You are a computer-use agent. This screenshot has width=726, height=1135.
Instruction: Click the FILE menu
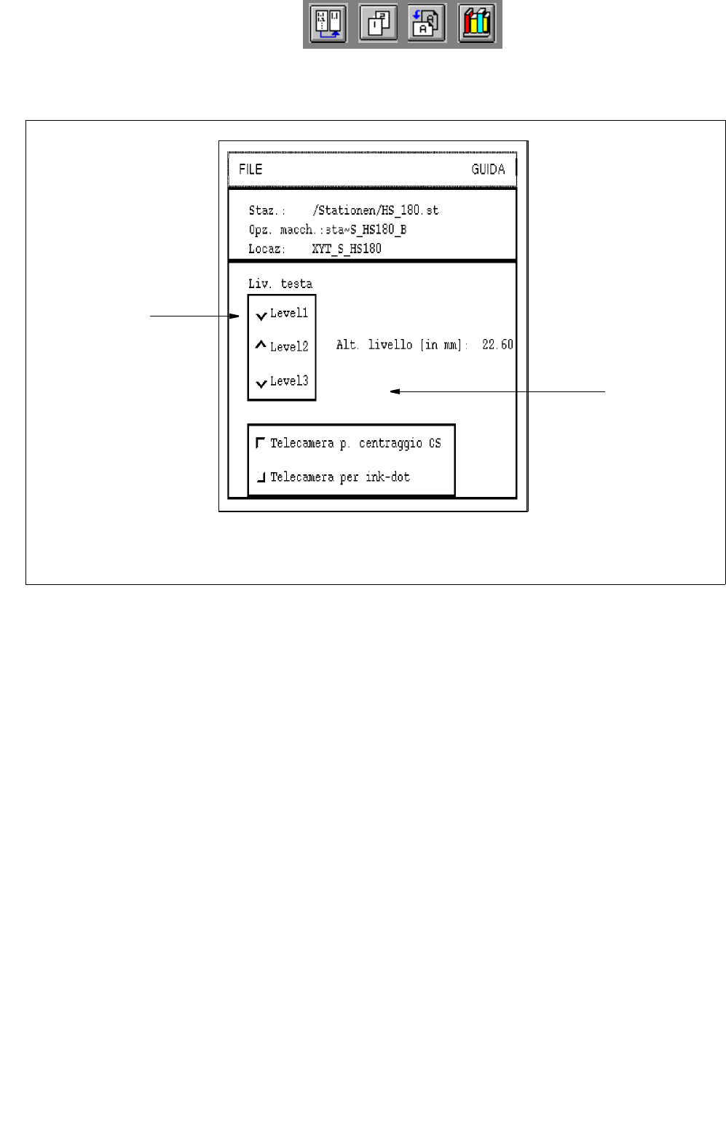tap(250, 170)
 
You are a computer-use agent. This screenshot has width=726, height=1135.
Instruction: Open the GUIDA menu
tap(488, 170)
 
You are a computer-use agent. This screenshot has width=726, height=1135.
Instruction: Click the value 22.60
tap(497, 345)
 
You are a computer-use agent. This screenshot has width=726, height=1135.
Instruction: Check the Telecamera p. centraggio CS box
tap(261, 442)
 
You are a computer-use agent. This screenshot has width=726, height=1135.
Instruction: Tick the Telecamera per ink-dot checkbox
tap(261, 477)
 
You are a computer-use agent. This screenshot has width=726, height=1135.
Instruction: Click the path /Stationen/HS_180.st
tap(375, 211)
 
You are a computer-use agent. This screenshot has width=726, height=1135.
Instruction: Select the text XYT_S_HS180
tap(347, 249)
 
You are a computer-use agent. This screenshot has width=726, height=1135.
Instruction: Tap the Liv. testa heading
tap(280, 284)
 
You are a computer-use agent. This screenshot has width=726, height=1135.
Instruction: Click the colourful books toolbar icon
tap(477, 24)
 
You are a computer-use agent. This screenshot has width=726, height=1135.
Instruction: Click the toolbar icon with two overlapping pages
tap(379, 24)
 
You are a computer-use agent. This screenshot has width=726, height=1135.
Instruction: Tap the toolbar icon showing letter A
tap(427, 24)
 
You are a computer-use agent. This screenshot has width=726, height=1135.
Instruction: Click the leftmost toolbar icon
tap(328, 24)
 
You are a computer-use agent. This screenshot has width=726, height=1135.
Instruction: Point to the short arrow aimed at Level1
tap(194, 316)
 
